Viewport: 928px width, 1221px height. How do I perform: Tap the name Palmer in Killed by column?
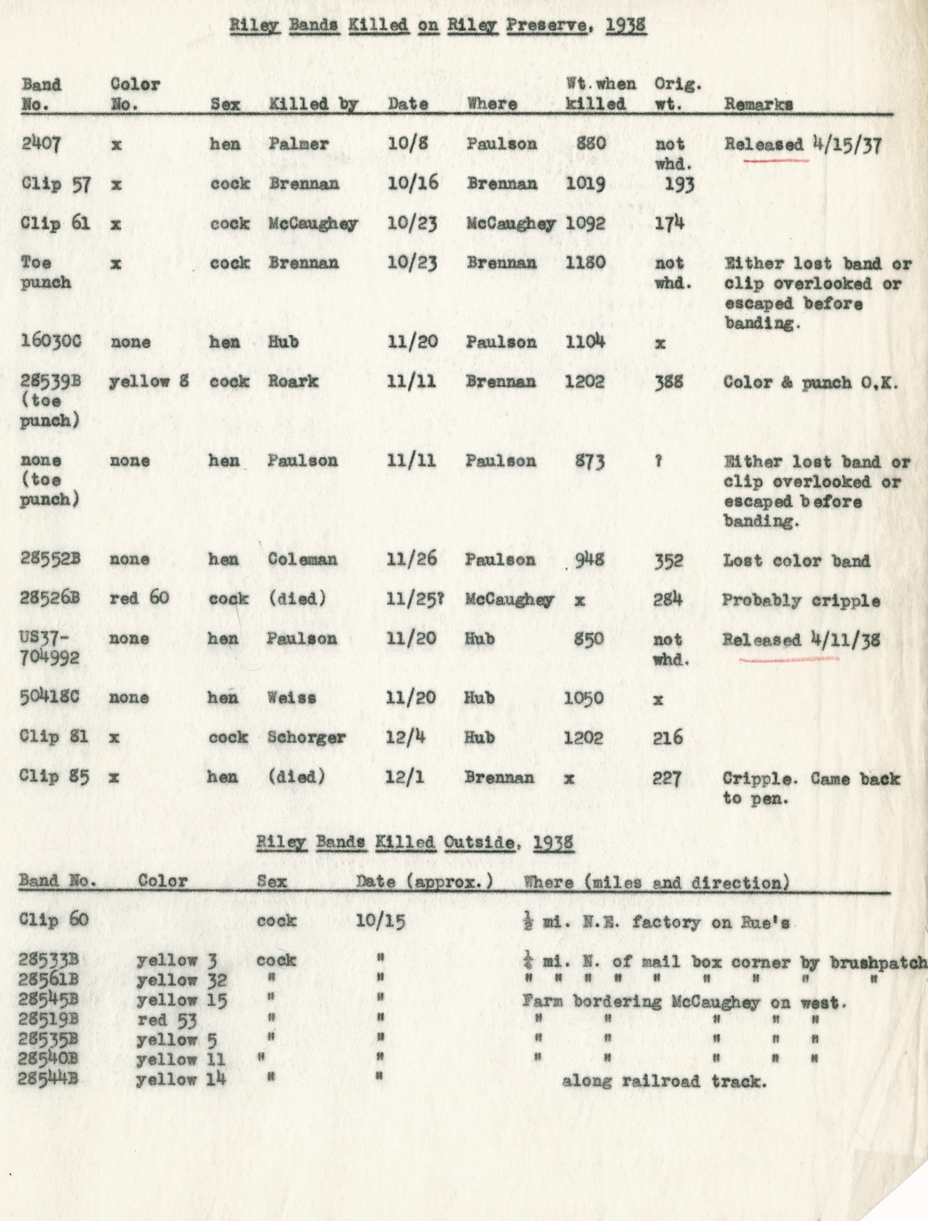click(299, 144)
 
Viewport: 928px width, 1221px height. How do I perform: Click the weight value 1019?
click(585, 184)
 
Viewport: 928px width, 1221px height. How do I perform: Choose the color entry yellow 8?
click(149, 381)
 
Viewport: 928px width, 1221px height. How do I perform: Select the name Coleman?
click(302, 559)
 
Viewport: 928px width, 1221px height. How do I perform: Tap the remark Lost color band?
click(797, 561)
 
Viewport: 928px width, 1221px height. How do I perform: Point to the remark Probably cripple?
click(801, 600)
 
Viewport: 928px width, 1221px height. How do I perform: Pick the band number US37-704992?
click(50, 648)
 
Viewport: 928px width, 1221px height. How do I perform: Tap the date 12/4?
click(405, 737)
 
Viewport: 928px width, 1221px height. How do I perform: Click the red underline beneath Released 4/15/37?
click(776, 161)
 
